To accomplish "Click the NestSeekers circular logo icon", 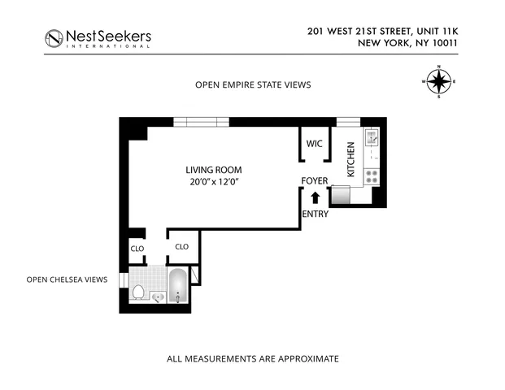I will tap(54, 38).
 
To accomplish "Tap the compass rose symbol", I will tap(439, 81).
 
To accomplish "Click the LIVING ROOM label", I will tap(214, 170).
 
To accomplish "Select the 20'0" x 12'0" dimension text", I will tap(214, 182).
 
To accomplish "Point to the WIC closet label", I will tap(314, 144).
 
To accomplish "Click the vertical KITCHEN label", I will tap(351, 160).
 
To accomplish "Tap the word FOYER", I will tap(314, 180).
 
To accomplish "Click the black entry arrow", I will tap(315, 197).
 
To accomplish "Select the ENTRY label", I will tap(314, 214).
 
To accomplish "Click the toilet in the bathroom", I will tap(138, 291).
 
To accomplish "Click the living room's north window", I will tap(201, 122).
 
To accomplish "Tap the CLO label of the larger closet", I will tap(182, 246).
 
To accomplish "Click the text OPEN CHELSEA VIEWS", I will tap(67, 279).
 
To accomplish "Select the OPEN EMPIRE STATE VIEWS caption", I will tap(252, 84).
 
